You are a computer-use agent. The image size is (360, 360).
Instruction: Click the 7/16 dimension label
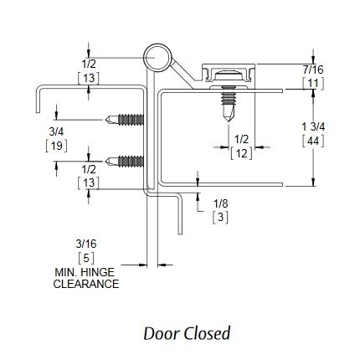pos(313,69)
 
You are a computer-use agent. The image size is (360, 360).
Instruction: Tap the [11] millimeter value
pos(313,84)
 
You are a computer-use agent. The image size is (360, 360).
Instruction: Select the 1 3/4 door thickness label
pos(313,127)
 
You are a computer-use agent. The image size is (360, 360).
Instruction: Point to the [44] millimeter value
pos(313,141)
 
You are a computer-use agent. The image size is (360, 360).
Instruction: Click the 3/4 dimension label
pos(56,131)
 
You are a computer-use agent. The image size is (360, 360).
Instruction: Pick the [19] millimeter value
pos(56,146)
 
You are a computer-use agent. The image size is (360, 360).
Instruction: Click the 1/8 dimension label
pos(221,203)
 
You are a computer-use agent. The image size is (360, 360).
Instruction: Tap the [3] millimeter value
pos(220,218)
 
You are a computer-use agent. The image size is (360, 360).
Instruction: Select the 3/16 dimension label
pos(86,244)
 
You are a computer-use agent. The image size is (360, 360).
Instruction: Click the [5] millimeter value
pos(86,258)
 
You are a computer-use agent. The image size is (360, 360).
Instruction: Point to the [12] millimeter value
pos(241,153)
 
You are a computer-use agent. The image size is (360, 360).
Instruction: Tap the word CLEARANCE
pos(86,284)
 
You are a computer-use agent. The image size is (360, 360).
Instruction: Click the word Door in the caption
pos(162,333)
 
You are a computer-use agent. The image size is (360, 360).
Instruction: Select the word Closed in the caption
pos(208,333)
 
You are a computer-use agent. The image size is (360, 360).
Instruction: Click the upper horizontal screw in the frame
pos(125,120)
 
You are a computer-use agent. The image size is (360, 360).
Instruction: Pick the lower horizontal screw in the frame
pos(125,162)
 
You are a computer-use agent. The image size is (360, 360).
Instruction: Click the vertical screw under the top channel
pos(229,104)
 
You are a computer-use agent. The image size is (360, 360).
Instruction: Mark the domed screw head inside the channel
pos(229,75)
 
